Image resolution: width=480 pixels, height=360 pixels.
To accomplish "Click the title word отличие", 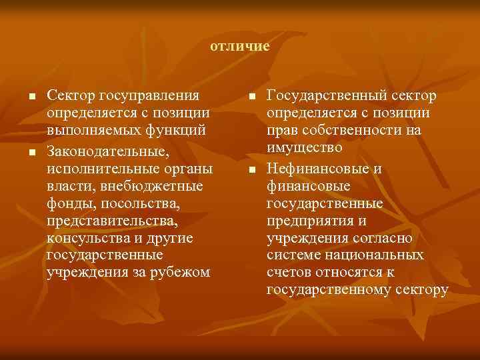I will (x=239, y=47).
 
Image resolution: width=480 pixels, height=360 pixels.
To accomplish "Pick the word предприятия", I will (x=309, y=221).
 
